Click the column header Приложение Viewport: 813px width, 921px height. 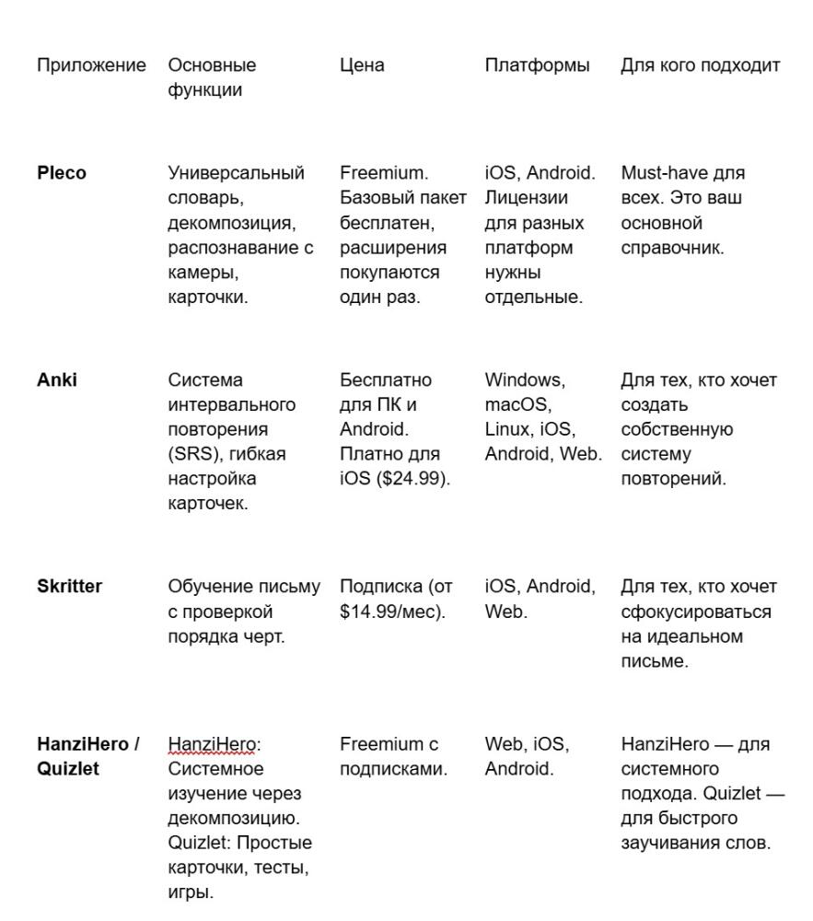pos(91,65)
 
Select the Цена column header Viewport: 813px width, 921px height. pos(362,65)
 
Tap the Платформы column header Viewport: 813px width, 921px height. pos(537,65)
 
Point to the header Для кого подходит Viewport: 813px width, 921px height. pos(700,65)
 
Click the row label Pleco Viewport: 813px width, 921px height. pos(62,173)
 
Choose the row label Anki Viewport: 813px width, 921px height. pos(57,379)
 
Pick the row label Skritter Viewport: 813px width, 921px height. pos(69,587)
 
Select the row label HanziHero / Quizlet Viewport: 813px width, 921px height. pos(87,756)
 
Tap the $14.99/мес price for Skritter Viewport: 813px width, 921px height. pos(390,612)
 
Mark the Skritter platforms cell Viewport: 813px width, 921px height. pos(540,599)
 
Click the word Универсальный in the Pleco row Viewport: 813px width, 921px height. pos(236,173)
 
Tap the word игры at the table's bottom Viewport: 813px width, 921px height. pos(191,892)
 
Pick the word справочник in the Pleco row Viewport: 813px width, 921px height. pos(672,248)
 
